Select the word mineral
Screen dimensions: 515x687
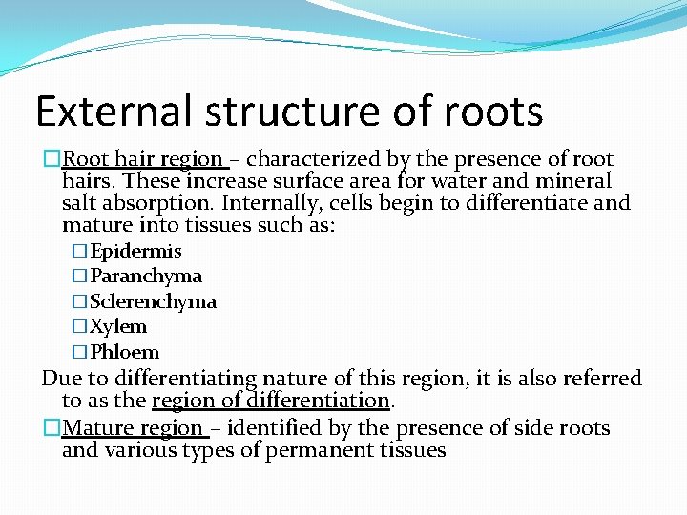[x=576, y=181]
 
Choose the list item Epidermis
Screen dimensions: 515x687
[x=135, y=252]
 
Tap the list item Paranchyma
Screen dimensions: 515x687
[x=146, y=277]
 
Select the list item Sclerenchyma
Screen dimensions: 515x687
[x=153, y=301]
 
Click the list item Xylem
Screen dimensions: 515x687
[x=118, y=327]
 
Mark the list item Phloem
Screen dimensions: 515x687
[x=125, y=352]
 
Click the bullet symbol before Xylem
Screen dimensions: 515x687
[x=80, y=327]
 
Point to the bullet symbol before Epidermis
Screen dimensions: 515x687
[x=80, y=252]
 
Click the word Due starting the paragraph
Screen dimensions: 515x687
[x=58, y=379]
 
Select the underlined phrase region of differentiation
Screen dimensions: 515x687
[x=272, y=401]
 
